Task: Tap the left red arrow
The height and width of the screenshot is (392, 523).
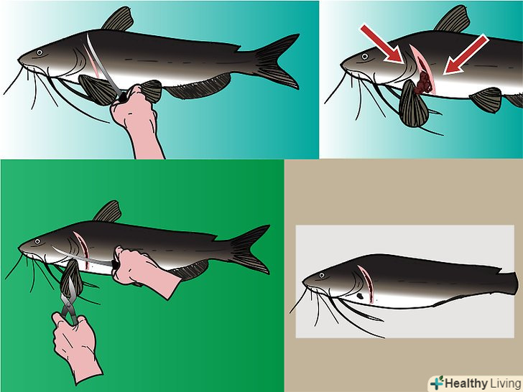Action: (x=383, y=44)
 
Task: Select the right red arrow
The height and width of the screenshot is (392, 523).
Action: (x=466, y=55)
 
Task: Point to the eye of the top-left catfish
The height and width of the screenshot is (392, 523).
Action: (x=40, y=52)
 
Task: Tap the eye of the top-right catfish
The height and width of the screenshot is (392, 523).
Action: (x=365, y=56)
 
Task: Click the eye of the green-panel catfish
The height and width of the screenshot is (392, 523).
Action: (x=37, y=241)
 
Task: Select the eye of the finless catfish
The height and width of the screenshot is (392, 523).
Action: (x=322, y=276)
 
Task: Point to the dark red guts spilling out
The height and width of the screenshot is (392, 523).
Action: (x=423, y=83)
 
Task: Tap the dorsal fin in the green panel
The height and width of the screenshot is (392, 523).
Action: (x=108, y=212)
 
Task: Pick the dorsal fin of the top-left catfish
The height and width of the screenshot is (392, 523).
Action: (x=118, y=19)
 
